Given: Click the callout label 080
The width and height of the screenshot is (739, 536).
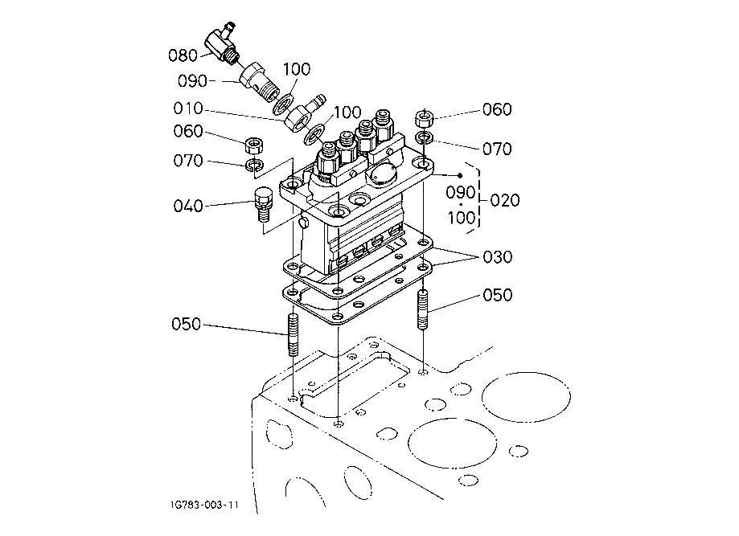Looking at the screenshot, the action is tap(183, 55).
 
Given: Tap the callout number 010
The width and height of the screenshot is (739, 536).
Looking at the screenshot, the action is tap(188, 108).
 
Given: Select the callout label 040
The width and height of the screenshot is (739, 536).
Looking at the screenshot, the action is tap(188, 206).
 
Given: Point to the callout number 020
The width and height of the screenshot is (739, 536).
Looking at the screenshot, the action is tap(505, 200).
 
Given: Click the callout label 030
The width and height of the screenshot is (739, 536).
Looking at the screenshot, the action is tap(497, 257).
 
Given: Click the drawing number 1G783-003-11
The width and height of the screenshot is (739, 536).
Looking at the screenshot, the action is tap(204, 505).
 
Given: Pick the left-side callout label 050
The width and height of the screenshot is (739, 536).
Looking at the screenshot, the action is tap(187, 324).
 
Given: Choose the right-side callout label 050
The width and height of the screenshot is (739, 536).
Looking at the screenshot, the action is tap(497, 295).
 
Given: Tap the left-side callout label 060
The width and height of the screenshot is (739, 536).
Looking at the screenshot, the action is tap(188, 131).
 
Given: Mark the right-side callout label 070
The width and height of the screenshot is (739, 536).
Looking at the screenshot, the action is tap(497, 149).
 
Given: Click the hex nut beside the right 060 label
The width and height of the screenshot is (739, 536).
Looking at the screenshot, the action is tap(424, 119).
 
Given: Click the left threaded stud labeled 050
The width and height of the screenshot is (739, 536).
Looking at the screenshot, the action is tap(293, 335).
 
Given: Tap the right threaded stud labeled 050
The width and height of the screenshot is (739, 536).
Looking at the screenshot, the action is tap(423, 310).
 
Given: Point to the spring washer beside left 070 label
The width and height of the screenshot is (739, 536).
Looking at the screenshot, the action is tap(254, 165).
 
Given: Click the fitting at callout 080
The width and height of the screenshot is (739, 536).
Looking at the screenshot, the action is tap(220, 43).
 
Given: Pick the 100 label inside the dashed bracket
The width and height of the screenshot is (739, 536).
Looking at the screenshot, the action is tap(462, 218).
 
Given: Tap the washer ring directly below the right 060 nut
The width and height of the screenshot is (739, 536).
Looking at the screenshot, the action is tap(425, 137).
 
